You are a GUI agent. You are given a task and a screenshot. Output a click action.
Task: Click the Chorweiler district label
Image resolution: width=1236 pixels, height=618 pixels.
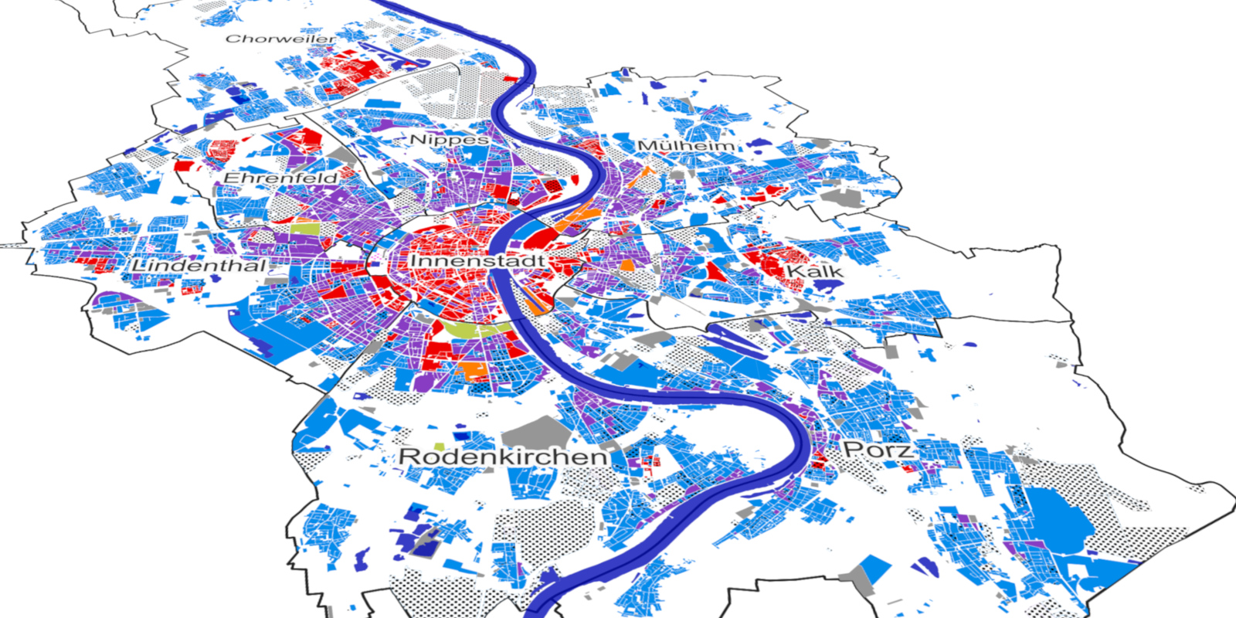pos(280,38)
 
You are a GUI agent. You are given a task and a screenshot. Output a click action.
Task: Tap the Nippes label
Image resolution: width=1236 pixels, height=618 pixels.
pos(449,140)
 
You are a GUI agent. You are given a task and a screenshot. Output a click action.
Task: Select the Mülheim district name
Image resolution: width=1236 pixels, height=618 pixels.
pos(685,145)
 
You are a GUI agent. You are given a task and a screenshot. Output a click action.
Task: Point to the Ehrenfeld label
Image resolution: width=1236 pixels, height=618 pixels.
pos(280,178)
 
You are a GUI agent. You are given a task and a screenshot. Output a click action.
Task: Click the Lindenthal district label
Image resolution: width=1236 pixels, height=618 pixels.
pos(199,266)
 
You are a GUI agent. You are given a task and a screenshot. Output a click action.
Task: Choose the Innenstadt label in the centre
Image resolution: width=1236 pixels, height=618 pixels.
pos(477,261)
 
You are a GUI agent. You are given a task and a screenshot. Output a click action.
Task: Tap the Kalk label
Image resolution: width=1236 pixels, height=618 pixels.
pos(814,272)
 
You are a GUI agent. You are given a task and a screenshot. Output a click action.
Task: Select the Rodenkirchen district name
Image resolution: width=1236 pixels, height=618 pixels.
pos(503,457)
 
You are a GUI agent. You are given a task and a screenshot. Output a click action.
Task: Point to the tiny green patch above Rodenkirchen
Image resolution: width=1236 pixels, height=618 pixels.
pos(440,447)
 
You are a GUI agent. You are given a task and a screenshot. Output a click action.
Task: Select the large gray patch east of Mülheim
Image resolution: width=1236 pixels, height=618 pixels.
pos(844,198)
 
